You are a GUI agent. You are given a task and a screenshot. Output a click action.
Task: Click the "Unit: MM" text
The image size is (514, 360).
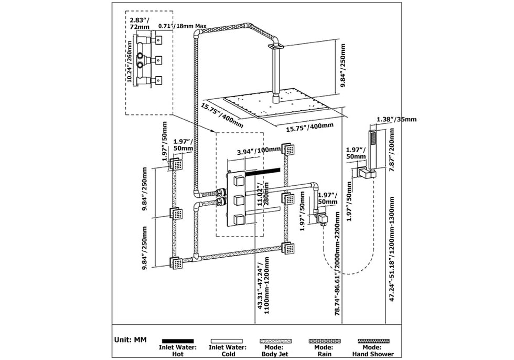click(x=131, y=340)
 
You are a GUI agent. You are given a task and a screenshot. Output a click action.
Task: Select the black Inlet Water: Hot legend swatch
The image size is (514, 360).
click(x=178, y=341)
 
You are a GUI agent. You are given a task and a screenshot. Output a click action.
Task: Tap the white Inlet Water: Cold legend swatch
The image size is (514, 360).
click(x=227, y=341)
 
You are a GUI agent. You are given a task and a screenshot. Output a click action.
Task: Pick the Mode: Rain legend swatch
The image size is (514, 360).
click(x=325, y=341)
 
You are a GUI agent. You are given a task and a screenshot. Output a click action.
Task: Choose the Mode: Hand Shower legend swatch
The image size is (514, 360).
click(x=373, y=341)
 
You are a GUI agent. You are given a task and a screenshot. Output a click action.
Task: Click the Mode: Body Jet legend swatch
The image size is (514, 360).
click(x=276, y=341)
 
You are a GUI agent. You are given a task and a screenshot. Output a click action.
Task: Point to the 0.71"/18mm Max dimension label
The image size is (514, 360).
click(x=183, y=26)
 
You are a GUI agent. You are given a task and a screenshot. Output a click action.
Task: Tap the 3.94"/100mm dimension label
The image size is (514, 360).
click(x=259, y=151)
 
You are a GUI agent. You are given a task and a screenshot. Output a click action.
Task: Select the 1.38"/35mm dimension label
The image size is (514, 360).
click(x=397, y=119)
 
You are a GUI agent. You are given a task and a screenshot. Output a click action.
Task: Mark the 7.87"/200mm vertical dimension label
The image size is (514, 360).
click(x=392, y=150)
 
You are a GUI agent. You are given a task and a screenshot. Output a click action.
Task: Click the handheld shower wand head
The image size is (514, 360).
click(x=373, y=150)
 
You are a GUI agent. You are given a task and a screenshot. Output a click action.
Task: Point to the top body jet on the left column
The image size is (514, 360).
click(x=176, y=164)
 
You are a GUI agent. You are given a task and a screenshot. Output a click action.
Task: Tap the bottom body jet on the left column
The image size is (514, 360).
click(x=176, y=263)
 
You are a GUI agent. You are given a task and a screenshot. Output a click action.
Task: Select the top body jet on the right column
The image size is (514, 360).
click(x=288, y=149)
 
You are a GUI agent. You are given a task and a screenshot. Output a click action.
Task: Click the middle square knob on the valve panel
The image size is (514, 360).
click(x=239, y=199)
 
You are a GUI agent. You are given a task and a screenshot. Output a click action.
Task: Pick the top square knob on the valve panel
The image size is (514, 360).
click(x=239, y=181)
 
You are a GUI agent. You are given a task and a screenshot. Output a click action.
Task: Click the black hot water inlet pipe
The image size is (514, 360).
click(x=263, y=171)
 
